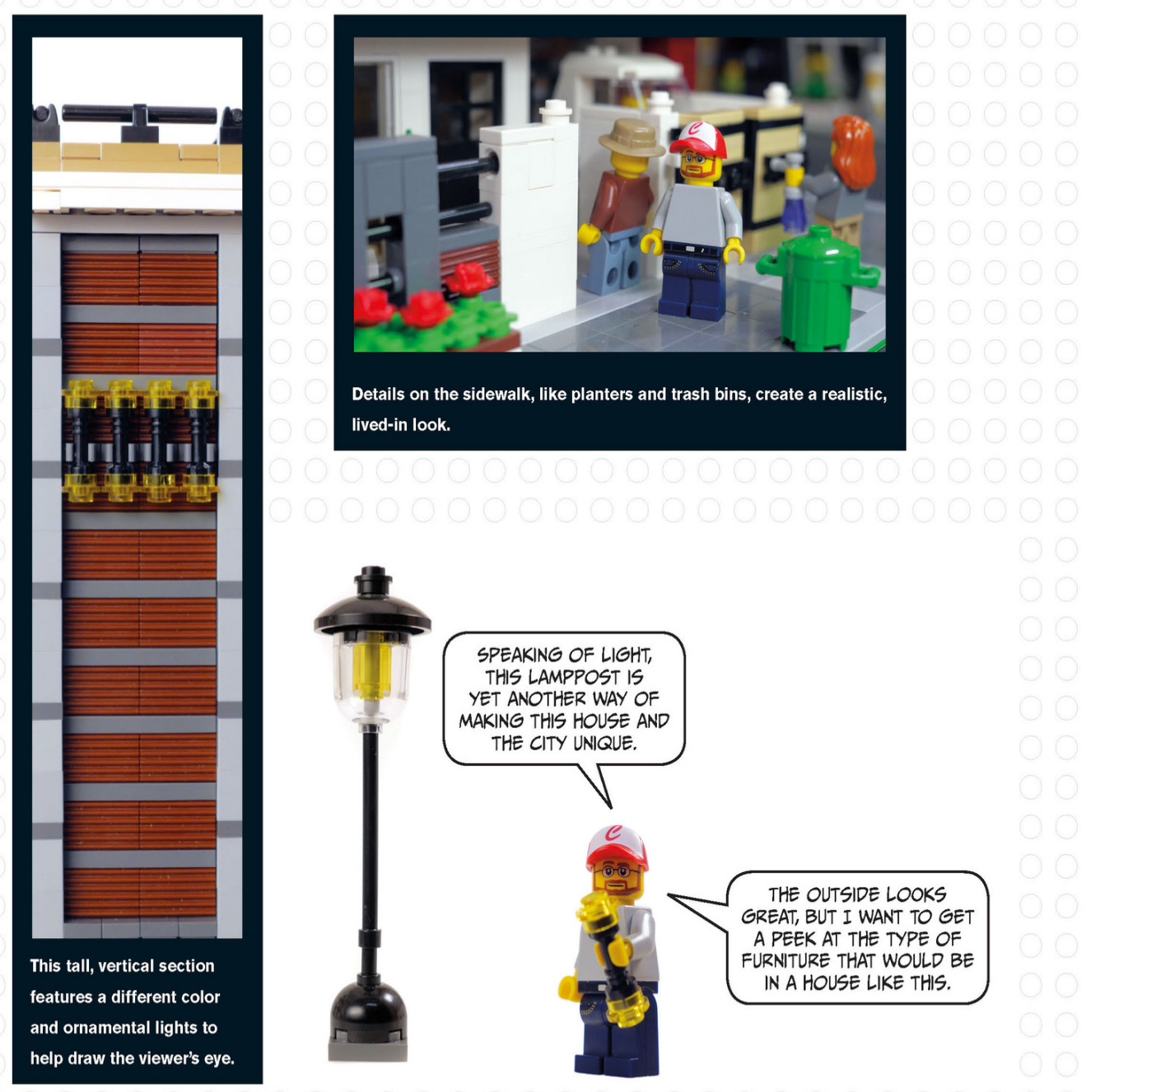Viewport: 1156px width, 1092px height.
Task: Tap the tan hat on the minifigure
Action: click(631, 138)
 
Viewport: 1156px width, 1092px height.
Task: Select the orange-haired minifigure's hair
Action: click(853, 152)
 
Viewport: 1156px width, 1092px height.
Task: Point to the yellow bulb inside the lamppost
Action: click(370, 670)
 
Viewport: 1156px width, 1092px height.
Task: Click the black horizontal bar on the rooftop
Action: click(140, 114)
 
